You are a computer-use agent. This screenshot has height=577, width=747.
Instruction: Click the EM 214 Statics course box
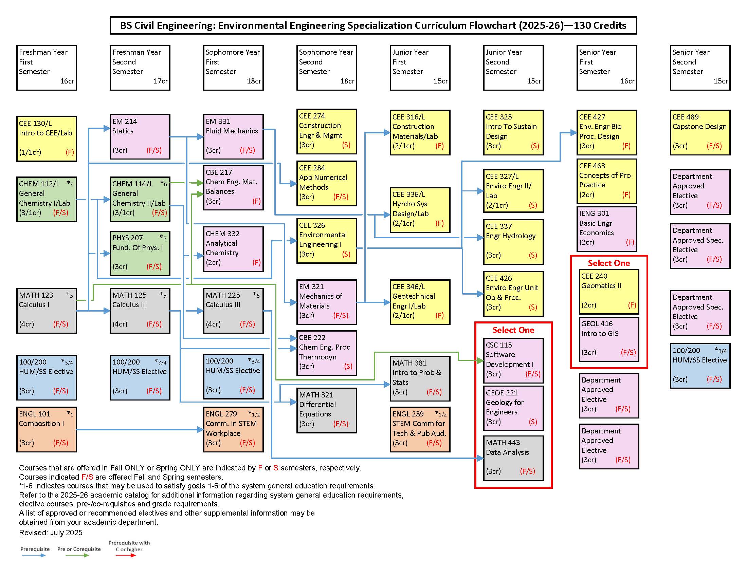tap(140, 137)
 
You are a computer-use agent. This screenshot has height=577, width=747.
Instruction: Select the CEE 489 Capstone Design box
tap(700, 133)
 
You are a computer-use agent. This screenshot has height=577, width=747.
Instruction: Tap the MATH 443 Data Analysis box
tap(513, 458)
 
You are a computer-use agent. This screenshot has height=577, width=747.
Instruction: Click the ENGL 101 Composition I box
tap(47, 429)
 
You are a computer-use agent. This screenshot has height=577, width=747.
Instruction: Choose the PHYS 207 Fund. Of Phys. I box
tap(140, 253)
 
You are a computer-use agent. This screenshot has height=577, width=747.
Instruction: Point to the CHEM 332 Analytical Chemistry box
tap(233, 249)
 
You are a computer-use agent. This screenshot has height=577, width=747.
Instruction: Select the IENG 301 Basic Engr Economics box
tap(606, 229)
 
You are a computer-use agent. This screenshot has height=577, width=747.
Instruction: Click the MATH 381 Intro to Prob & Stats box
tap(420, 378)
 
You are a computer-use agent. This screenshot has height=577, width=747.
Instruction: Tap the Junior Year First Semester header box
tap(420, 68)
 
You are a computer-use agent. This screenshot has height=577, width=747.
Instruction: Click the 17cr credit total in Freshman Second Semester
tap(160, 81)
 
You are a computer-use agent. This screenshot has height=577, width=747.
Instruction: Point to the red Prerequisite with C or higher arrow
tap(126, 555)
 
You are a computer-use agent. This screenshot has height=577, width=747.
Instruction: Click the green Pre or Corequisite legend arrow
tap(78, 555)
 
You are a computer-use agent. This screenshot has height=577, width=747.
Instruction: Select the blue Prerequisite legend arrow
tap(34, 555)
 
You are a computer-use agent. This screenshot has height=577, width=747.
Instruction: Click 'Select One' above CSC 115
tap(513, 330)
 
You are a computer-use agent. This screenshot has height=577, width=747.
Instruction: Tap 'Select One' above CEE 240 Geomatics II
tap(609, 263)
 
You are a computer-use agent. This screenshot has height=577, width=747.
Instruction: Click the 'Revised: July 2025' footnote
tap(51, 533)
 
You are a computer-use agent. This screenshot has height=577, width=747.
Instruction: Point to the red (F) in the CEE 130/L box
tap(70, 152)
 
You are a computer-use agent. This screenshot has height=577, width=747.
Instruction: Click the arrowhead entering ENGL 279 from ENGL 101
tap(201, 430)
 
